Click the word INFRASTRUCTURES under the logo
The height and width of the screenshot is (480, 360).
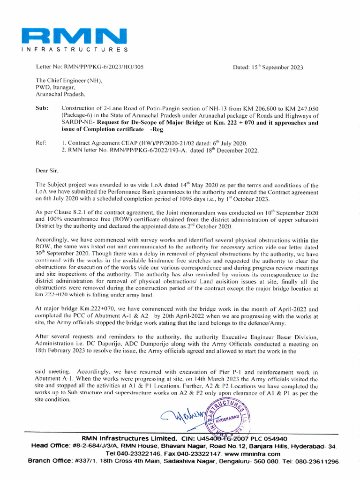tap(75, 49)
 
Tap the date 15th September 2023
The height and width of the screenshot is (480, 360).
tap(268, 67)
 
